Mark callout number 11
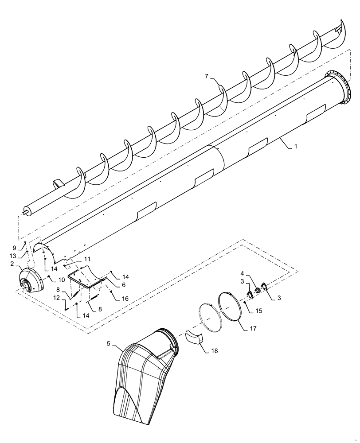pos(87,258)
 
